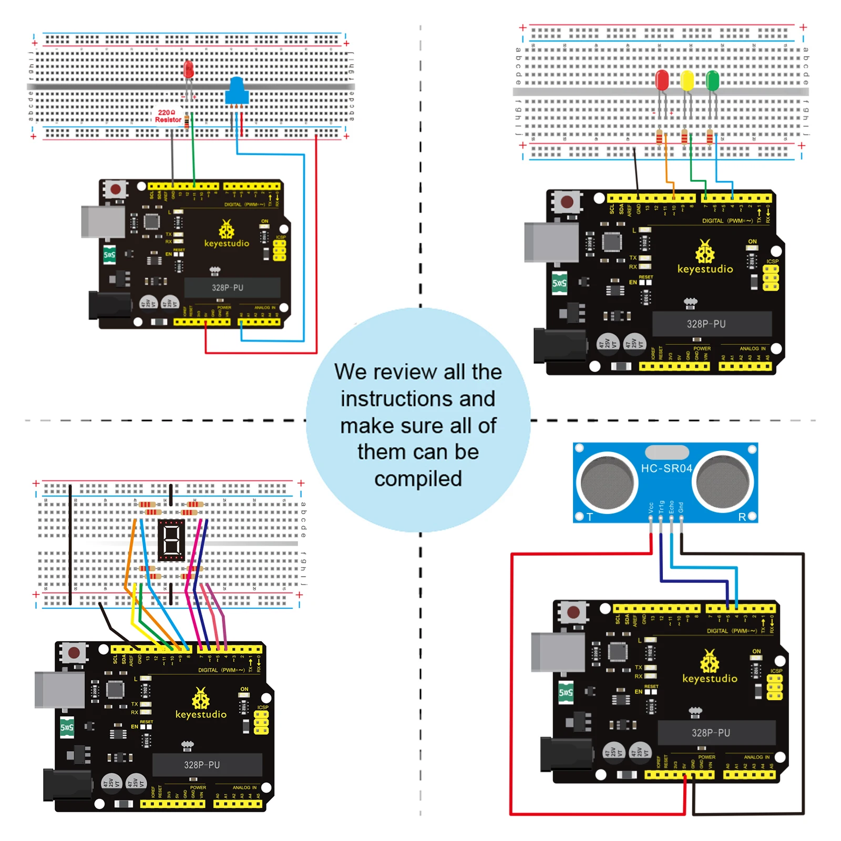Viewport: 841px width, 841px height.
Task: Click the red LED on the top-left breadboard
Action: pyautogui.click(x=188, y=69)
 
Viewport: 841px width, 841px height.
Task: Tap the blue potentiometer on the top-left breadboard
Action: pyautogui.click(x=237, y=92)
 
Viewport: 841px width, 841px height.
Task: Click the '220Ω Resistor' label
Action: pyautogui.click(x=168, y=116)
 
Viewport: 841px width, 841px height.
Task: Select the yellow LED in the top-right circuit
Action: pyautogui.click(x=687, y=81)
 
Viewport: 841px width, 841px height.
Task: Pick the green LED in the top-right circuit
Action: pyautogui.click(x=712, y=80)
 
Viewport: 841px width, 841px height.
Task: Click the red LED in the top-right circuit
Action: pyautogui.click(x=662, y=80)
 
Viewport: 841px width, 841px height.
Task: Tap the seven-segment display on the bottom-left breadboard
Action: pyautogui.click(x=171, y=540)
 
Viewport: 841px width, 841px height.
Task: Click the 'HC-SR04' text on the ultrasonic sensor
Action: pyautogui.click(x=666, y=468)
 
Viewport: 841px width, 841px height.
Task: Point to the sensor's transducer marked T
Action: pyautogui.click(x=607, y=482)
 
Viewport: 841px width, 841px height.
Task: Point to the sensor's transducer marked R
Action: pyautogui.click(x=724, y=482)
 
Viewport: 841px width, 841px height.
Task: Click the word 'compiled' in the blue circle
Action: pyautogui.click(x=418, y=479)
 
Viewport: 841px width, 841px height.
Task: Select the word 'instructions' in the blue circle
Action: pyautogui.click(x=418, y=399)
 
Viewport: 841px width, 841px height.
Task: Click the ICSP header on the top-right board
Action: pyautogui.click(x=771, y=278)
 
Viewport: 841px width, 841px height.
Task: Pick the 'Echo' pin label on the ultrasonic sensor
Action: pyautogui.click(x=671, y=507)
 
